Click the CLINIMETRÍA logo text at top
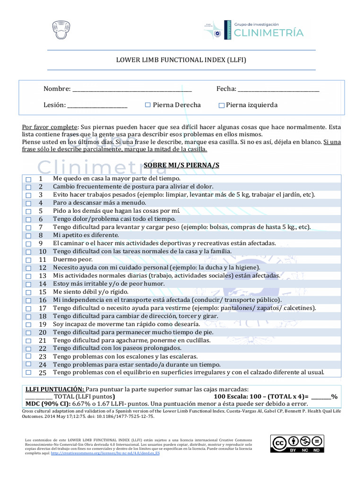[x=270, y=32]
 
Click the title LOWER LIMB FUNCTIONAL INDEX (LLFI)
[x=181, y=60]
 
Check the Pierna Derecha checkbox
[x=148, y=105]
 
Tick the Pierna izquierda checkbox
[x=221, y=106]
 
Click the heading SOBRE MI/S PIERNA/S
[x=182, y=165]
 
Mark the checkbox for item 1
[x=28, y=180]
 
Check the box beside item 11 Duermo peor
[x=28, y=260]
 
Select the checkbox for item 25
[x=28, y=372]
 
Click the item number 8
[x=41, y=235]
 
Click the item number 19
[x=43, y=324]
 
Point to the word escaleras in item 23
[x=182, y=356]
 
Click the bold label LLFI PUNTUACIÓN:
[x=55, y=389]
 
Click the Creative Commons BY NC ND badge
[x=297, y=444]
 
